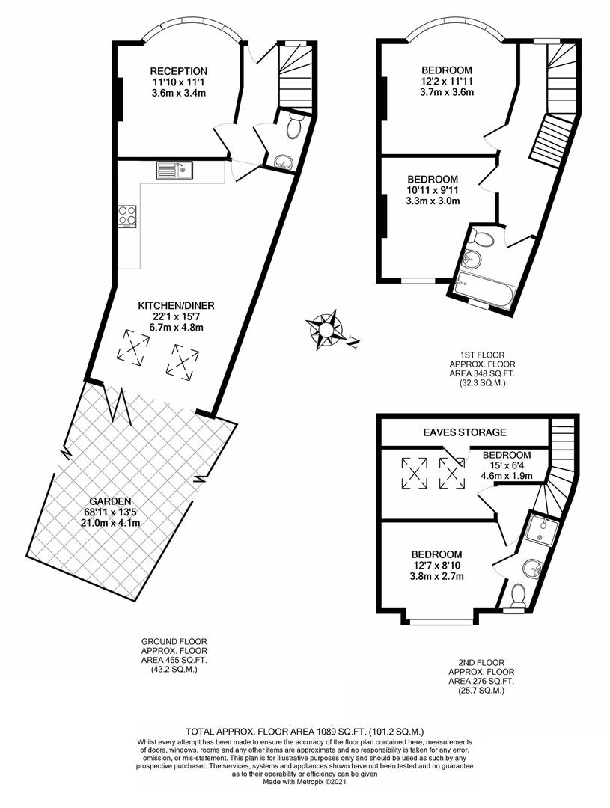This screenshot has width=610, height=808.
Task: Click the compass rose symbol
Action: (326, 328)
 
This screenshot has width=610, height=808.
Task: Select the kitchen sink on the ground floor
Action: (174, 171)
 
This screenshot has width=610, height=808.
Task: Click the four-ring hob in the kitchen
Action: (127, 215)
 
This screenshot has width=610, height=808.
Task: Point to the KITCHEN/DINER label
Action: (176, 305)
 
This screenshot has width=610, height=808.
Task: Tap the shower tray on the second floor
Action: (541, 529)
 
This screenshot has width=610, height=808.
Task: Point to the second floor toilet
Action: (517, 596)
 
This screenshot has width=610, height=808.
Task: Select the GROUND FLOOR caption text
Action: (174, 641)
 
